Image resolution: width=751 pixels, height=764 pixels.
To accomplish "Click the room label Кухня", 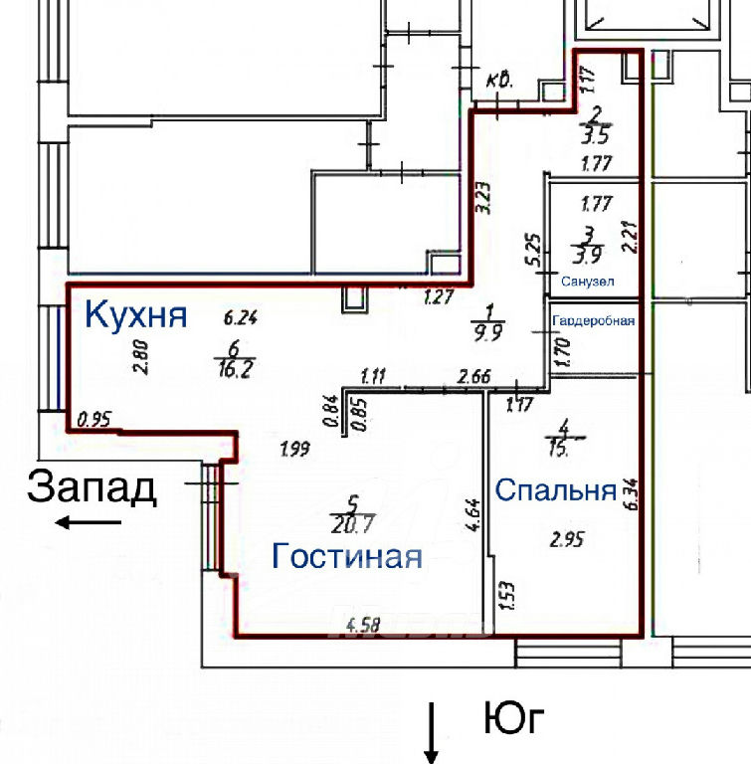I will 136,287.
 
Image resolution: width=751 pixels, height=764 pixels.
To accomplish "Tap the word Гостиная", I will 347,556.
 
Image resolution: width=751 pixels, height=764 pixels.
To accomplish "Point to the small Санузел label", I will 587,282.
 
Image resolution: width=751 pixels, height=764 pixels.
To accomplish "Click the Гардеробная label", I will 594,321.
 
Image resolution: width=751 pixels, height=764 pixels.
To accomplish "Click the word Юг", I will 515,717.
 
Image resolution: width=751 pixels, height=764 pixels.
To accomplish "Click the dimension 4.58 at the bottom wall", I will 363,626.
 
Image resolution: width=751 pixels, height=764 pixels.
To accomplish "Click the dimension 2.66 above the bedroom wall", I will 475,376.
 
